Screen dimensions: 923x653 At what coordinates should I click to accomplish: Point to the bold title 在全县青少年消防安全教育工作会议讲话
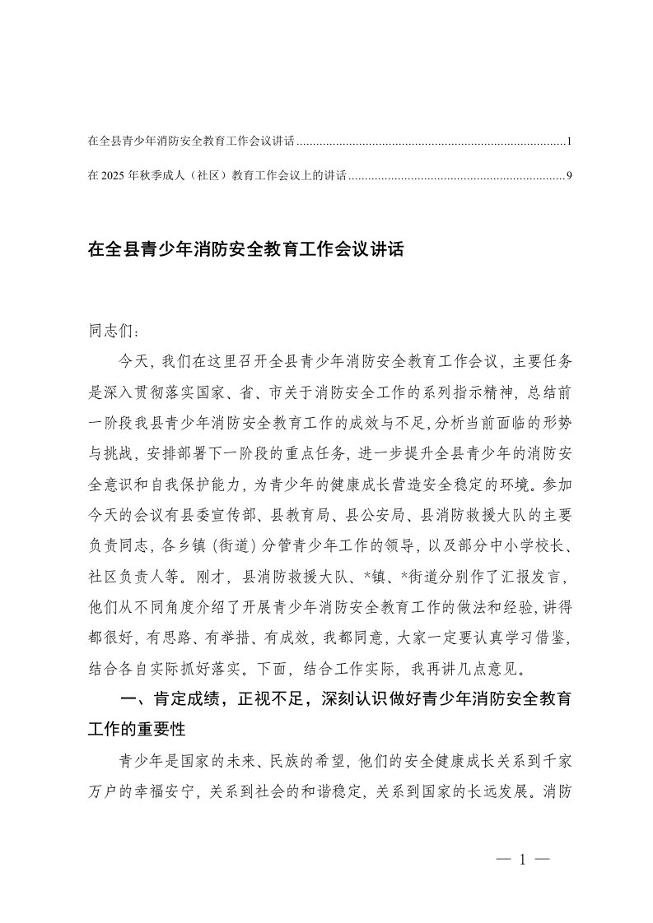coord(245,249)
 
